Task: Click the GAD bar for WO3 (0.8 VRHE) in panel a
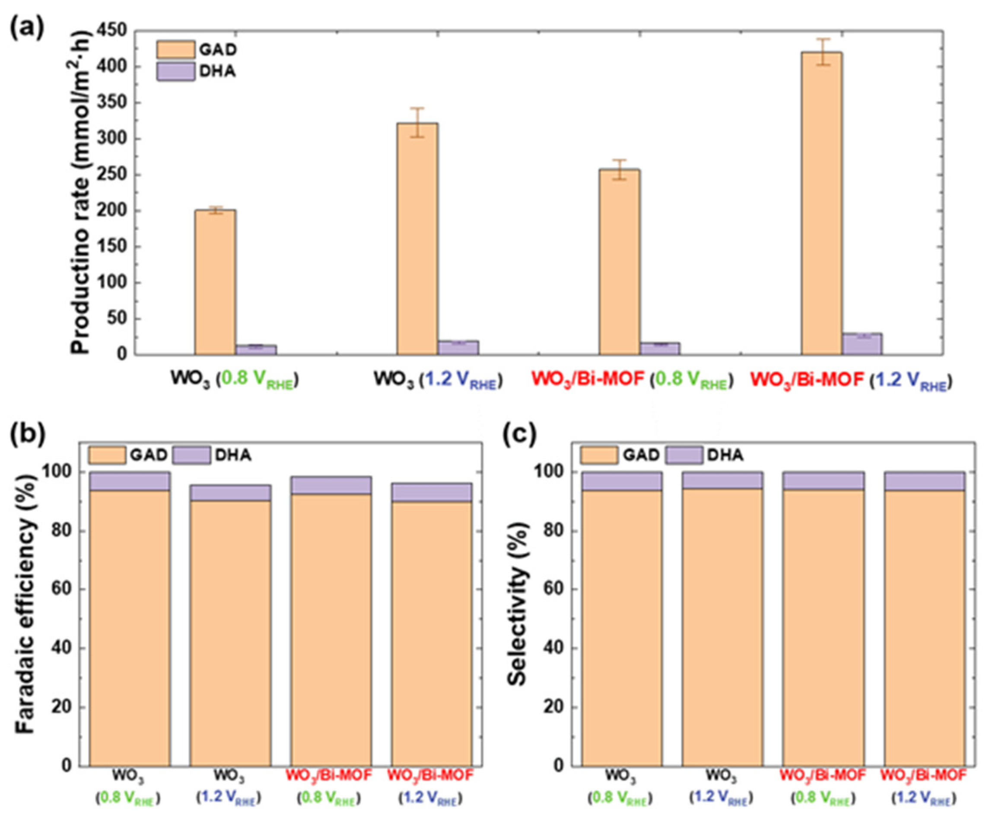[x=216, y=282]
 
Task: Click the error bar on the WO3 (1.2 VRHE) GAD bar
[x=417, y=123]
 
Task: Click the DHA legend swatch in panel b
[x=191, y=455]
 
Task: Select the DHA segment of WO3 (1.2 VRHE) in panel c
[x=722, y=480]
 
